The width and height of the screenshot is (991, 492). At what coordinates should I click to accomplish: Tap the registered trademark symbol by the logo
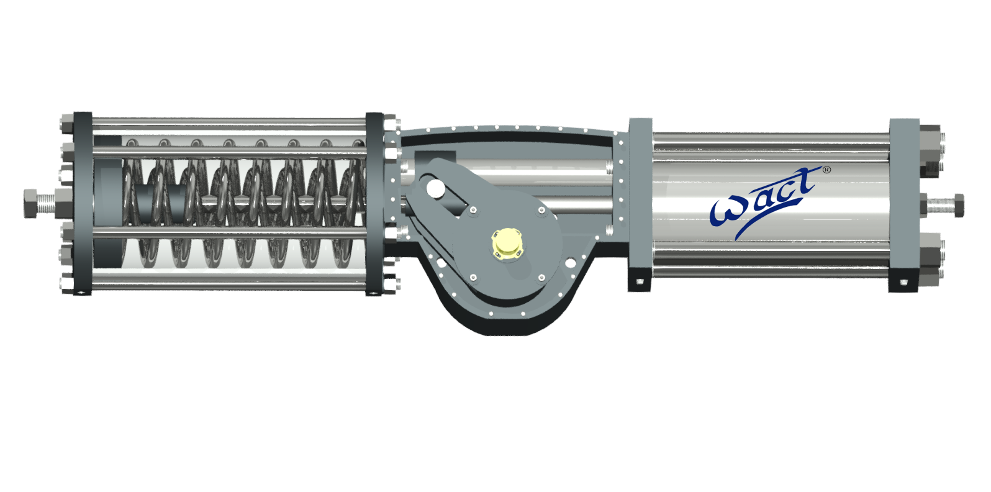click(x=826, y=170)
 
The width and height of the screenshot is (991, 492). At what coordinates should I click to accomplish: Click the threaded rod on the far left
click(x=47, y=203)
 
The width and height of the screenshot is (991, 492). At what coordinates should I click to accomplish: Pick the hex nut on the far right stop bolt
click(x=957, y=205)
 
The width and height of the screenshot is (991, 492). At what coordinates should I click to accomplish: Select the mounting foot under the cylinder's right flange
click(x=903, y=283)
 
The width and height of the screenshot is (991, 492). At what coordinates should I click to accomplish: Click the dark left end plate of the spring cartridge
click(x=83, y=203)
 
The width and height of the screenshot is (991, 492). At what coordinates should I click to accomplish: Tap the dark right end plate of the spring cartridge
click(x=374, y=203)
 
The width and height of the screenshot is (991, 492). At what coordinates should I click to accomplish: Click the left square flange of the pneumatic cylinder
click(x=640, y=199)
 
